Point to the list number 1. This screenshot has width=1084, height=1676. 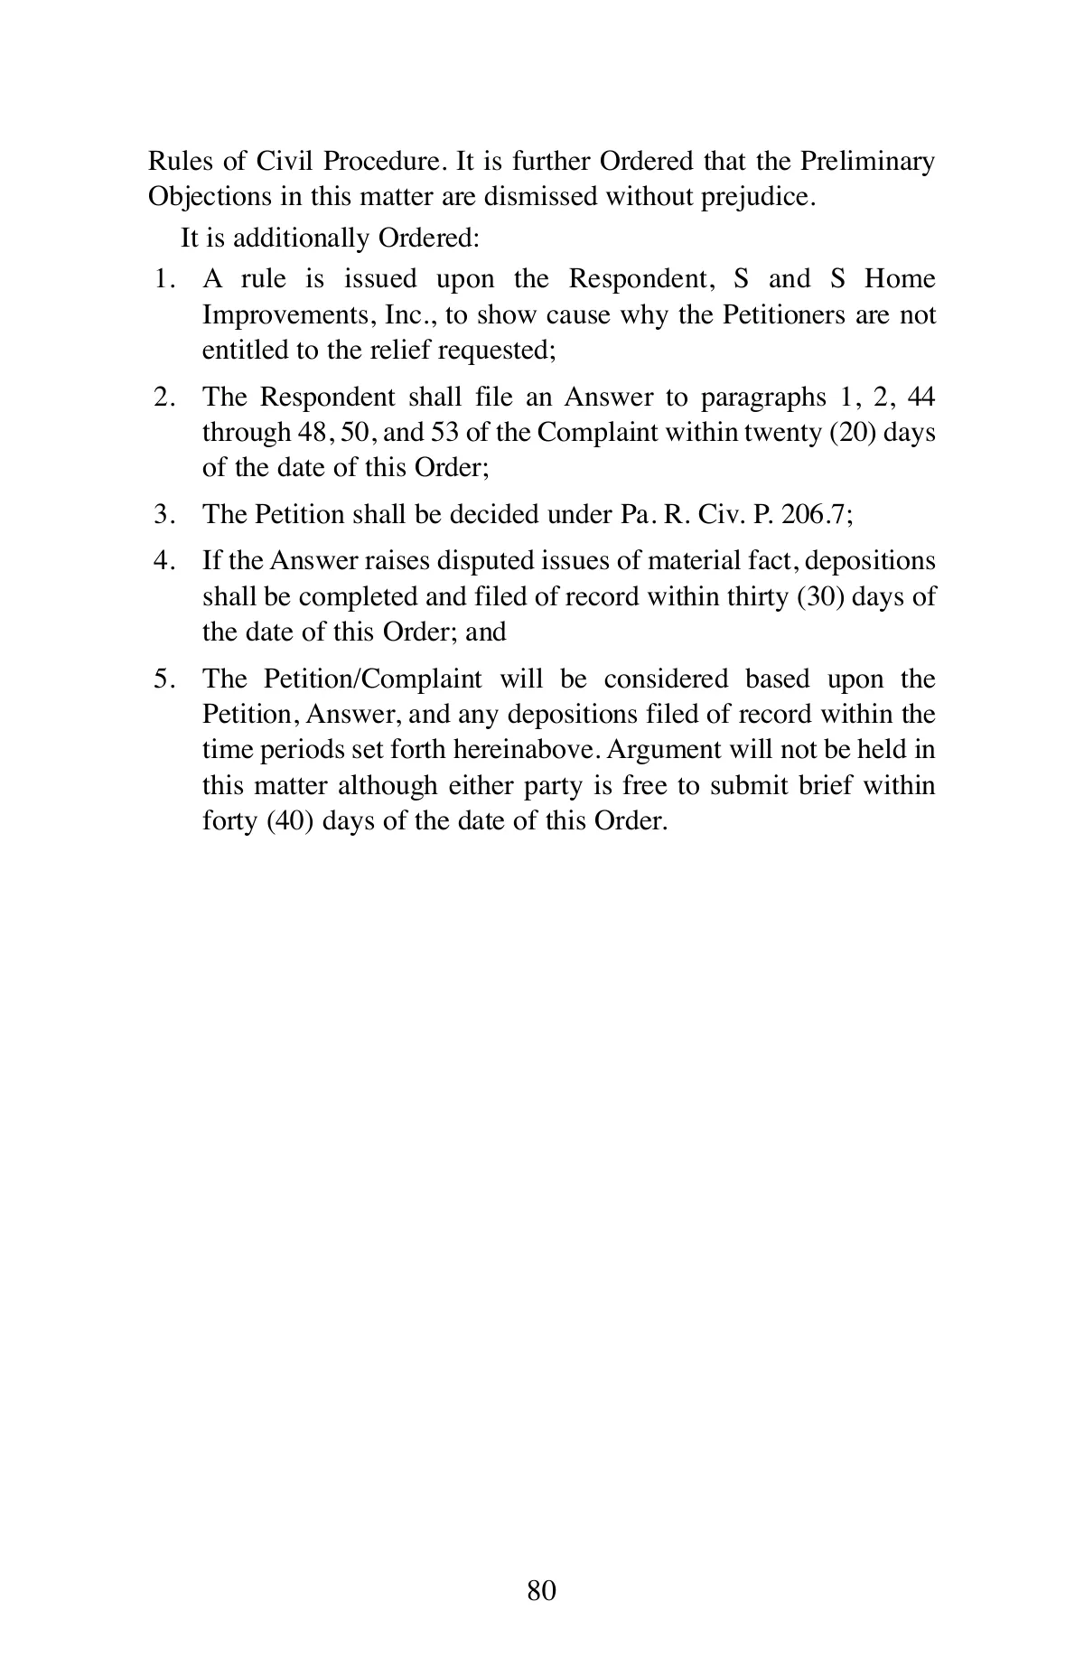[x=163, y=279]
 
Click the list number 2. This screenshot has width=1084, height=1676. [x=163, y=397]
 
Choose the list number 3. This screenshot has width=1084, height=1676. [x=163, y=514]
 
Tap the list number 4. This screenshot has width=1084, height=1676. [x=163, y=561]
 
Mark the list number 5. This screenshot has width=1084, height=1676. [x=163, y=679]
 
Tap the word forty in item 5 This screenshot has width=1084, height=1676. [x=229, y=822]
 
